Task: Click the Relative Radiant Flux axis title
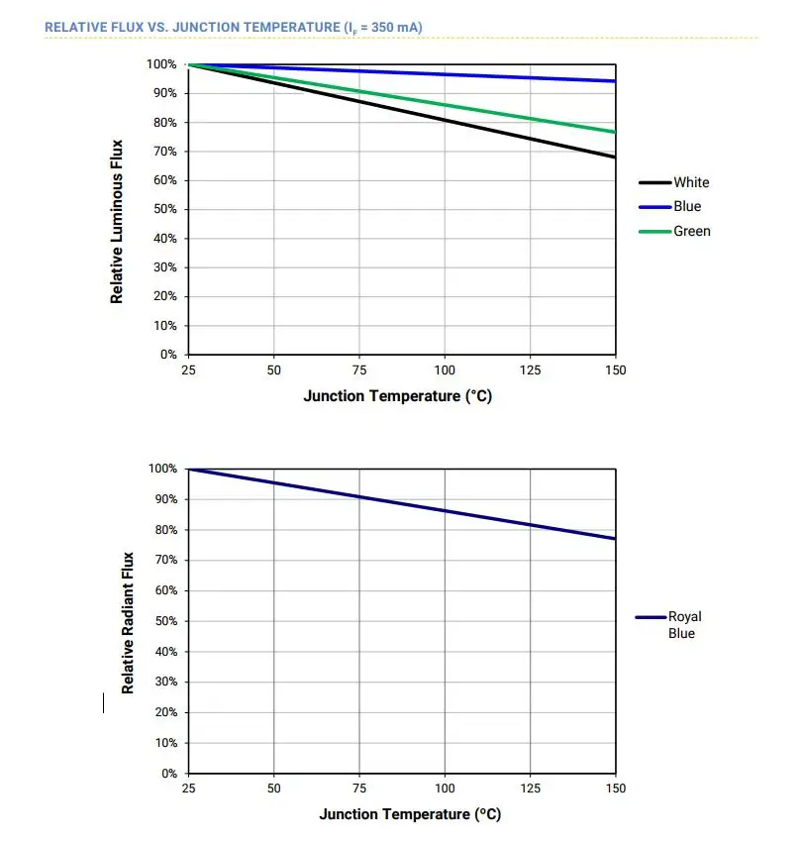click(x=128, y=622)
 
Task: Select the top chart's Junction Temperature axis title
click(x=397, y=396)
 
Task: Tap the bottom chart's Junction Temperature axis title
click(x=410, y=814)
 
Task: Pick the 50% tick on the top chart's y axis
click(x=165, y=210)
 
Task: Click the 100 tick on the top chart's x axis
click(x=445, y=370)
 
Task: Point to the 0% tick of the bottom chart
click(x=168, y=773)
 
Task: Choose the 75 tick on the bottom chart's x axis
click(x=359, y=789)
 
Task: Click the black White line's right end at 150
click(x=615, y=157)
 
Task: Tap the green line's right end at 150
click(x=615, y=132)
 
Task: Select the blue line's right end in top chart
click(x=615, y=81)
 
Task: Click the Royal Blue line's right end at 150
click(x=615, y=538)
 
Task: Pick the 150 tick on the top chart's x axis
click(x=616, y=370)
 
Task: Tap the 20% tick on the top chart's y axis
click(x=165, y=296)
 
